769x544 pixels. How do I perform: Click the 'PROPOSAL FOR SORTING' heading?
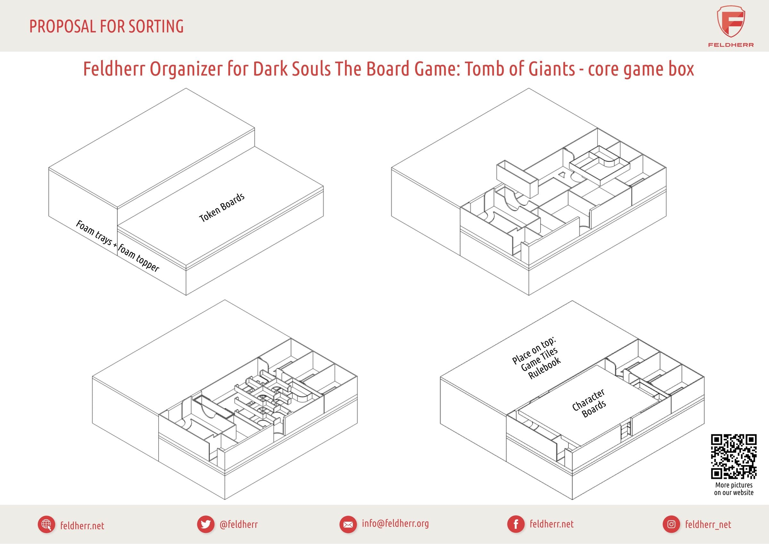(x=106, y=27)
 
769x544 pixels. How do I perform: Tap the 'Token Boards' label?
(x=222, y=207)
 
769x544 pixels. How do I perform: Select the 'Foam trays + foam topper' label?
(x=117, y=246)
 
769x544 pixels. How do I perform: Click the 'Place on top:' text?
(x=534, y=351)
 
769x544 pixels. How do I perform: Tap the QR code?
(x=733, y=456)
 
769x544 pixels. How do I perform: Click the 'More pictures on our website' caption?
(x=733, y=489)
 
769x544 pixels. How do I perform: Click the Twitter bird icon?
(x=205, y=524)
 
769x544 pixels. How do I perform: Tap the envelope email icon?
(x=348, y=524)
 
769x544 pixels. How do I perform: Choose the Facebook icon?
(x=516, y=524)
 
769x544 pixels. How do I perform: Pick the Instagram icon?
(x=671, y=524)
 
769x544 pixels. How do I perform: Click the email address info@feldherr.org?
(x=395, y=523)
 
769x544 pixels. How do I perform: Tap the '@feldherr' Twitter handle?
(x=238, y=524)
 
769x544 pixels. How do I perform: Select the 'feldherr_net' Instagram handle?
(x=708, y=524)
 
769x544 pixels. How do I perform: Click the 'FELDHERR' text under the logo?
(x=731, y=45)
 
